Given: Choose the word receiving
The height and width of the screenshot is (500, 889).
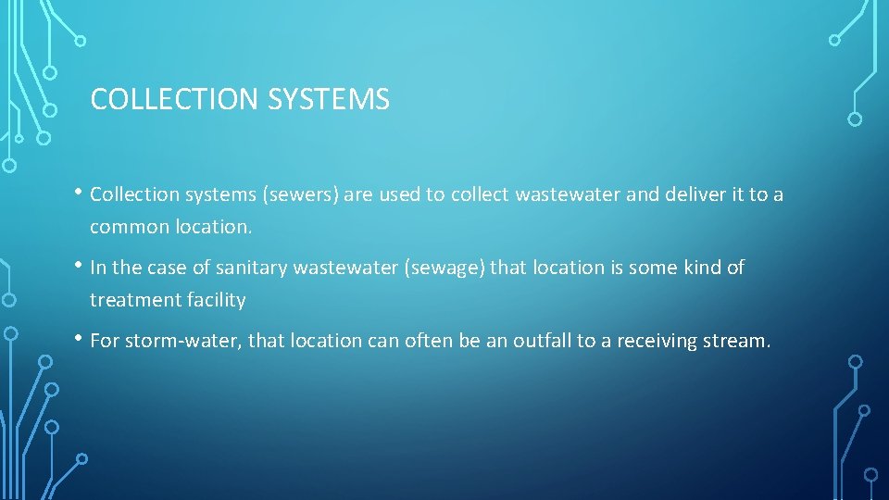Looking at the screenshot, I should coord(648,341).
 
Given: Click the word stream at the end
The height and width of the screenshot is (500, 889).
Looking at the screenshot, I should coord(736,341).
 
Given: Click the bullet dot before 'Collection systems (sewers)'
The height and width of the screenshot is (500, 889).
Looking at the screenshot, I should coord(81,193).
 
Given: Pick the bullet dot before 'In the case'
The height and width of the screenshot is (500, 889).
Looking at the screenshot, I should coord(81,266).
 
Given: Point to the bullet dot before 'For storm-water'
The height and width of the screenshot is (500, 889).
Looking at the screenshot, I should coord(81,339).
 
